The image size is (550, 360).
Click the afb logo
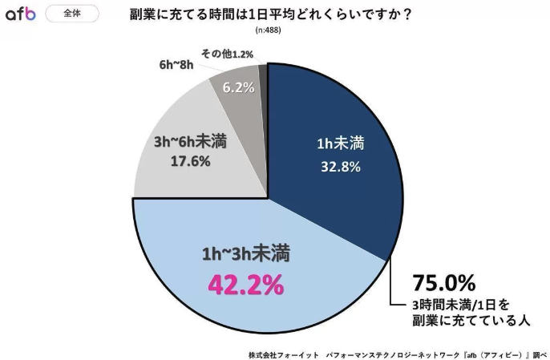(x=21, y=14)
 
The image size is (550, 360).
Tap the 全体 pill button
(x=73, y=14)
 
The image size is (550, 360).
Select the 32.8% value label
(x=336, y=168)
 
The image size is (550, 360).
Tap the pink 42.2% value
(x=245, y=285)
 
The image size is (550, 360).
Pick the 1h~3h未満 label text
(x=245, y=256)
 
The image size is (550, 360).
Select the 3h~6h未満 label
(x=190, y=142)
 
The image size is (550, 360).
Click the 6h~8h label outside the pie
(x=176, y=64)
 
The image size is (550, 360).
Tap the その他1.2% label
(x=227, y=54)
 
